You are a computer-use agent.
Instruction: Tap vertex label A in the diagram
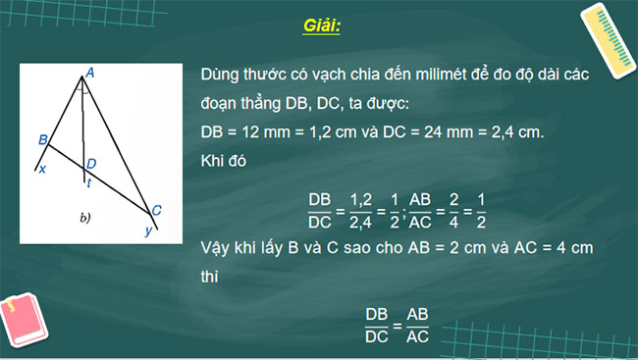point(89,72)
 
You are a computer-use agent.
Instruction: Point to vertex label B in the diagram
point(42,140)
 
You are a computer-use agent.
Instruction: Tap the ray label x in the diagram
point(41,170)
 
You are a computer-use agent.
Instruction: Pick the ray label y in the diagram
point(148,231)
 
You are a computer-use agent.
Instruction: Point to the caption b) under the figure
point(84,218)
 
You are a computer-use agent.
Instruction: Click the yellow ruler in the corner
point(605,39)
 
